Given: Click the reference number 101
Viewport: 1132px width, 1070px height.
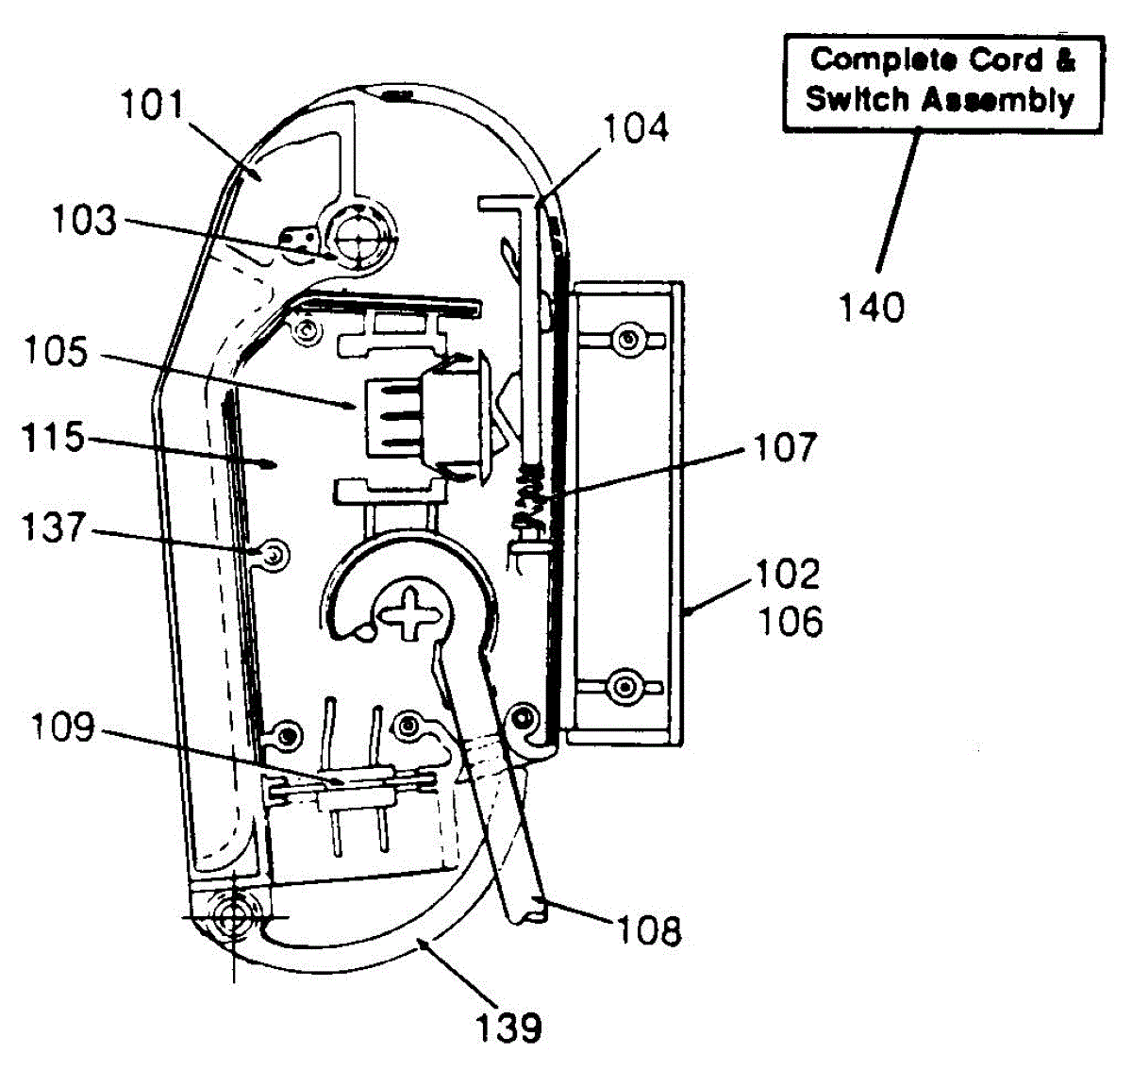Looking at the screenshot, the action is (153, 105).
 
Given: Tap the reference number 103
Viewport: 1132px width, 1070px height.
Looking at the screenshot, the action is (84, 220).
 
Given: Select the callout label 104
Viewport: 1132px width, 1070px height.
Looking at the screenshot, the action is (636, 127).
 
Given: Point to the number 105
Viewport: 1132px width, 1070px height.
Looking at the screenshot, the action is (56, 351).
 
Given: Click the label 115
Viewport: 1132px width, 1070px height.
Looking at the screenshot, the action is (53, 438).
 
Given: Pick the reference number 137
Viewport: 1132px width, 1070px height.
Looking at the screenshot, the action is (53, 527).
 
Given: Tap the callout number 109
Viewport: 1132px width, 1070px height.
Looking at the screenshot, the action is (62, 727).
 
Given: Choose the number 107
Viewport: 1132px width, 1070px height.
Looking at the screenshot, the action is (785, 447).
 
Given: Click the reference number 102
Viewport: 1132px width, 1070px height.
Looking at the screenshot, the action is (788, 574).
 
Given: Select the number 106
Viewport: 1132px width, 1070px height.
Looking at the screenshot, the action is (791, 621).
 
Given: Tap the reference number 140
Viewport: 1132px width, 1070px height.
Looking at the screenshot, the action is (872, 308).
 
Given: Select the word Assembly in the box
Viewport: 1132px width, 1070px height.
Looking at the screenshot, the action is (998, 101).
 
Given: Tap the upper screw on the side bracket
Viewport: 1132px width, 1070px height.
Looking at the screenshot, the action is (627, 341).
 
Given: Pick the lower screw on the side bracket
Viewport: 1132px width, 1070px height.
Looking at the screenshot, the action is (624, 686).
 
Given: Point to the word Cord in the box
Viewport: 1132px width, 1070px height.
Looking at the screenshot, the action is (1007, 59).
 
